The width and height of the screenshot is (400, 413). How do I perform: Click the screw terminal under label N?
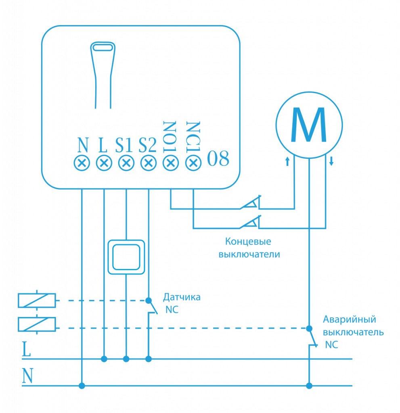[x=82, y=164]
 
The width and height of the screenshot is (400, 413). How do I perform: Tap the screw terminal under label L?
[x=104, y=164]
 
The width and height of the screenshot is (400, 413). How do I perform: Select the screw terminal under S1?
[x=126, y=164]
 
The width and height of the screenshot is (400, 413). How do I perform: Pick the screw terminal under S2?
[x=149, y=164]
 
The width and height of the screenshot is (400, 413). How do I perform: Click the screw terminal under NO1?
[x=171, y=164]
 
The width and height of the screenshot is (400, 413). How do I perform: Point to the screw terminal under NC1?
[x=193, y=164]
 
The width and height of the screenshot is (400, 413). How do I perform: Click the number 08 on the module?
[x=218, y=159]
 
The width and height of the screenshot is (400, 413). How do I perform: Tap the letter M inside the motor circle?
[x=309, y=125]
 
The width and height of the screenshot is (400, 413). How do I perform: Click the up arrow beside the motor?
[x=287, y=162]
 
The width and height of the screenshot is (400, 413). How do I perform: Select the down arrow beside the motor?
[x=331, y=162]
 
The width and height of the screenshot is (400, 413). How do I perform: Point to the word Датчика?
[x=182, y=298]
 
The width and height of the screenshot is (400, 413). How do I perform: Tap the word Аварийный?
[x=350, y=319]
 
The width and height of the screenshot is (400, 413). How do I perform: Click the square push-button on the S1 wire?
[x=126, y=257]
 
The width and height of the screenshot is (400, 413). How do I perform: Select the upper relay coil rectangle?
[x=37, y=300]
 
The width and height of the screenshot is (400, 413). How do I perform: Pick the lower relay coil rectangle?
[x=37, y=324]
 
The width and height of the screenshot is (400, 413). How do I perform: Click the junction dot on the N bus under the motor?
[x=309, y=386]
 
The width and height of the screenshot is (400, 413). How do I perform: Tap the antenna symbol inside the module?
[x=103, y=73]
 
